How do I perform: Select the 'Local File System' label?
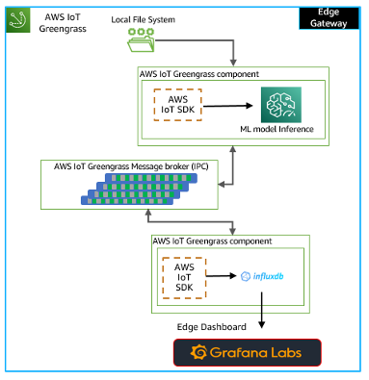click(143, 18)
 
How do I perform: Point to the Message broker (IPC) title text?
click(134, 165)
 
